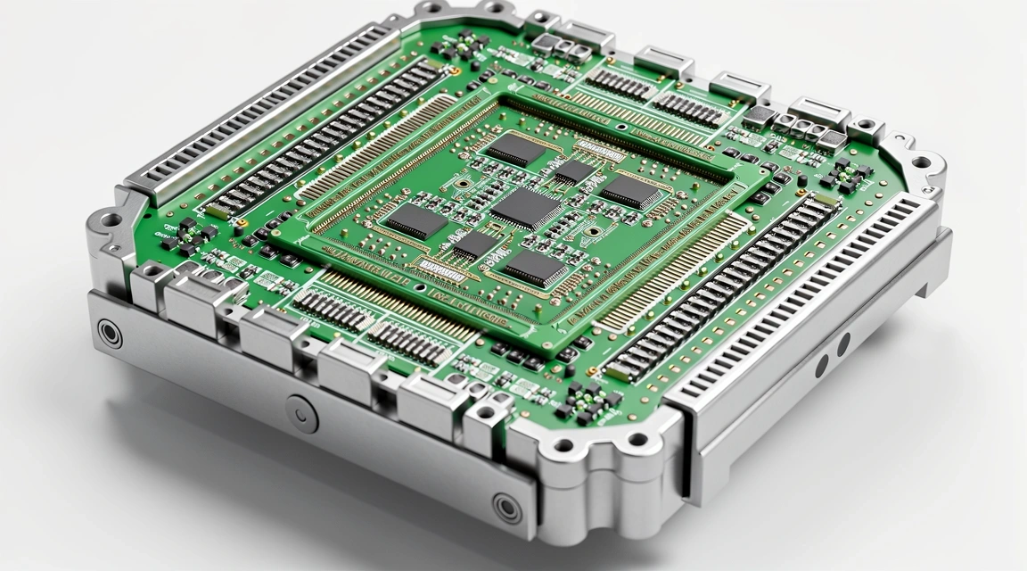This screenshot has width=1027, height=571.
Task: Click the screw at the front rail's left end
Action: pos(109,333)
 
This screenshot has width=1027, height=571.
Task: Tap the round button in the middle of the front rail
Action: pos(302,413)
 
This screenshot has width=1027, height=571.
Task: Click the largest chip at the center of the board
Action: pos(526,208)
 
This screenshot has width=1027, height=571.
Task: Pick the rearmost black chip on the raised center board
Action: pos(516,149)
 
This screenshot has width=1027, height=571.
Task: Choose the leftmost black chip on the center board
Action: pos(415,220)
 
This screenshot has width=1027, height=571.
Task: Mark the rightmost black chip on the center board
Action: pos(631,191)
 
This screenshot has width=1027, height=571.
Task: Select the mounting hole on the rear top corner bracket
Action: pos(432,8)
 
